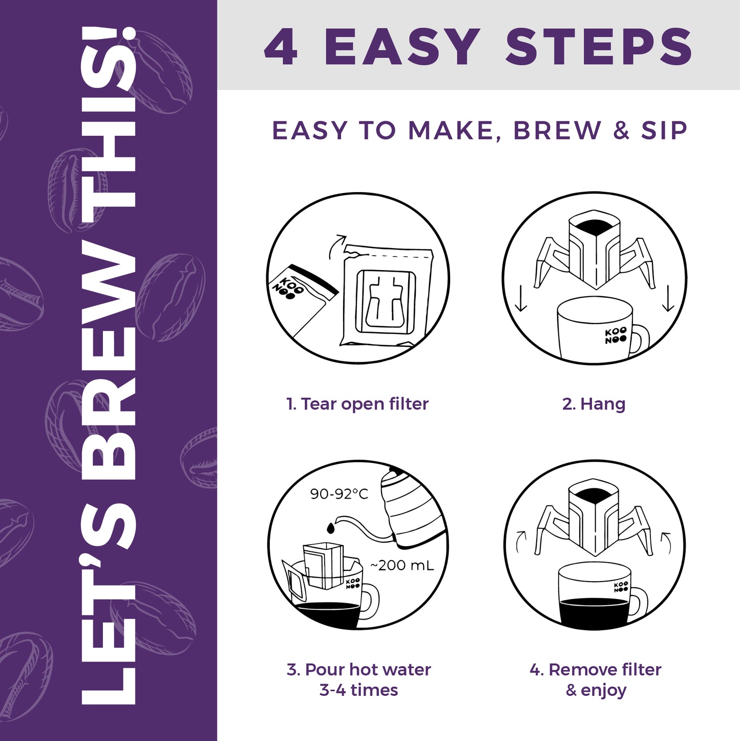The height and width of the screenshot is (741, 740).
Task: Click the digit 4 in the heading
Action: click(281, 47)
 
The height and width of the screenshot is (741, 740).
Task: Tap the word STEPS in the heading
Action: click(599, 47)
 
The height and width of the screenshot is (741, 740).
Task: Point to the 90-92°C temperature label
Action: click(339, 493)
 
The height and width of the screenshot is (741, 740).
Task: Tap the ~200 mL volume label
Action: click(402, 565)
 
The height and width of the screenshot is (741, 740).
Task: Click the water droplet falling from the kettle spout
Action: click(330, 528)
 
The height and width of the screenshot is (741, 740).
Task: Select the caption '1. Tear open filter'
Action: click(357, 404)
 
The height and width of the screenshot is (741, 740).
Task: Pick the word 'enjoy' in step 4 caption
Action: click(604, 691)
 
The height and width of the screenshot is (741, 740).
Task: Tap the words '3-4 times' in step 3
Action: click(358, 690)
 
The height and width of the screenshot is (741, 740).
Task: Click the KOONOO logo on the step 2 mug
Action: click(616, 336)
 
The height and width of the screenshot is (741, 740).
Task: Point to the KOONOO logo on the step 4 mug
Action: click(621, 586)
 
